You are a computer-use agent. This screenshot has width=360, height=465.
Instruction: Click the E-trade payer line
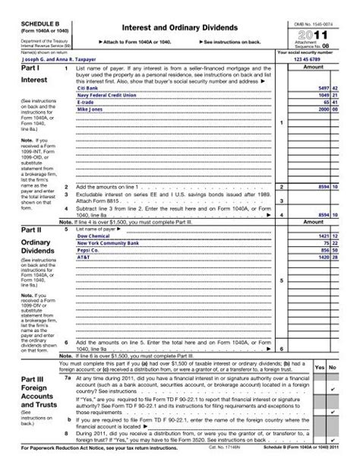(87, 102)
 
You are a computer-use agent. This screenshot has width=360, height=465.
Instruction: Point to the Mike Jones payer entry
(90, 109)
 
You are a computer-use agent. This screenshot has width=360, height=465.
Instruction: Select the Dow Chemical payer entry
(93, 236)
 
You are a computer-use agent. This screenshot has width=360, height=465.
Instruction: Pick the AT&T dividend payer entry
(84, 257)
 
